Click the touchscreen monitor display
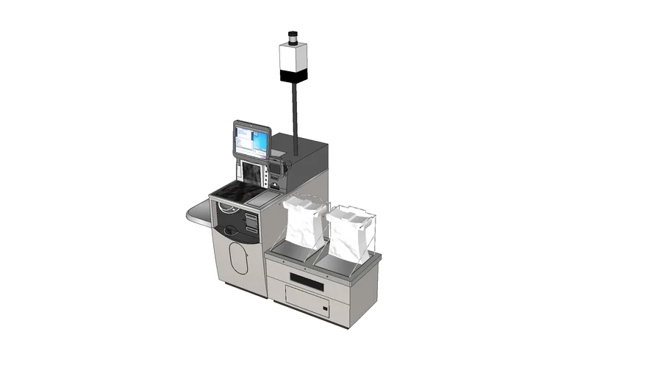coord(251,140)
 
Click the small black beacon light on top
coord(293,37)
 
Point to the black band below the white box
coord(293,76)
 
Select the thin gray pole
coord(295,110)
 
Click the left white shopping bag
coord(304,224)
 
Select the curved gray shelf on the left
coord(197,213)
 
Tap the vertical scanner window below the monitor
coord(251,174)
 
